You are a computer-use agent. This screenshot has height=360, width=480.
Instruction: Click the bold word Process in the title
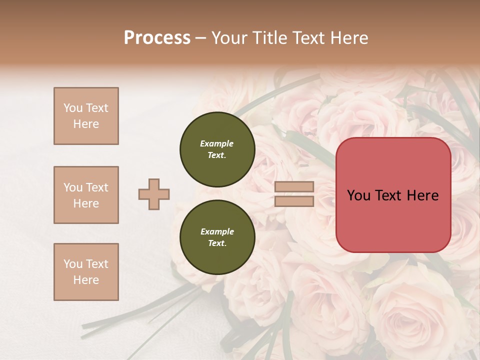[x=157, y=37]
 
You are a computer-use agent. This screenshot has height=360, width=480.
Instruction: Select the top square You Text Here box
[x=86, y=116]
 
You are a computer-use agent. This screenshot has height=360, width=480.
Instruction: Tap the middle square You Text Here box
[x=86, y=195]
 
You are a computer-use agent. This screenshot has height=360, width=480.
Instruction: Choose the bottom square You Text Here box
[x=86, y=272]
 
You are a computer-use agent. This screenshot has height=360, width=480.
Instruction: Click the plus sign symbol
[x=154, y=194]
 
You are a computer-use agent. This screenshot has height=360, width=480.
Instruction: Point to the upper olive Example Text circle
[x=217, y=149]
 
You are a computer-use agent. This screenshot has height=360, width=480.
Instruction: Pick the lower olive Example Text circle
[x=217, y=237]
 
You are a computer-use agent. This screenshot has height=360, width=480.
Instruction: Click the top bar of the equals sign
[x=294, y=186]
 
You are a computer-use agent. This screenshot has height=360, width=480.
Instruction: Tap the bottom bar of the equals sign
[x=294, y=201]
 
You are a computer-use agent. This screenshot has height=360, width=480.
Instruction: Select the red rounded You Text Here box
[x=393, y=195]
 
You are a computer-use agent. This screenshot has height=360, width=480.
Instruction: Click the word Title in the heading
[x=269, y=37]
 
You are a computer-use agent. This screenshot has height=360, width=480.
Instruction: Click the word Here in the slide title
[x=349, y=37]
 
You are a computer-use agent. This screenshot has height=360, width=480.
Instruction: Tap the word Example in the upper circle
[x=217, y=143]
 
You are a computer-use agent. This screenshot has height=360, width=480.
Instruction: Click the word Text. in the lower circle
[x=217, y=243]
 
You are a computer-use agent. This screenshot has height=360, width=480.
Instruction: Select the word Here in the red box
[x=423, y=195]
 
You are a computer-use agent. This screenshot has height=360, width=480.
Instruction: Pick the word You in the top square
[x=73, y=108]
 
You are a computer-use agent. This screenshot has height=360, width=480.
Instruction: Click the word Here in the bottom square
[x=86, y=280]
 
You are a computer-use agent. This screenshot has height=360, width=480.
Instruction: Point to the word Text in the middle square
[x=97, y=187]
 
